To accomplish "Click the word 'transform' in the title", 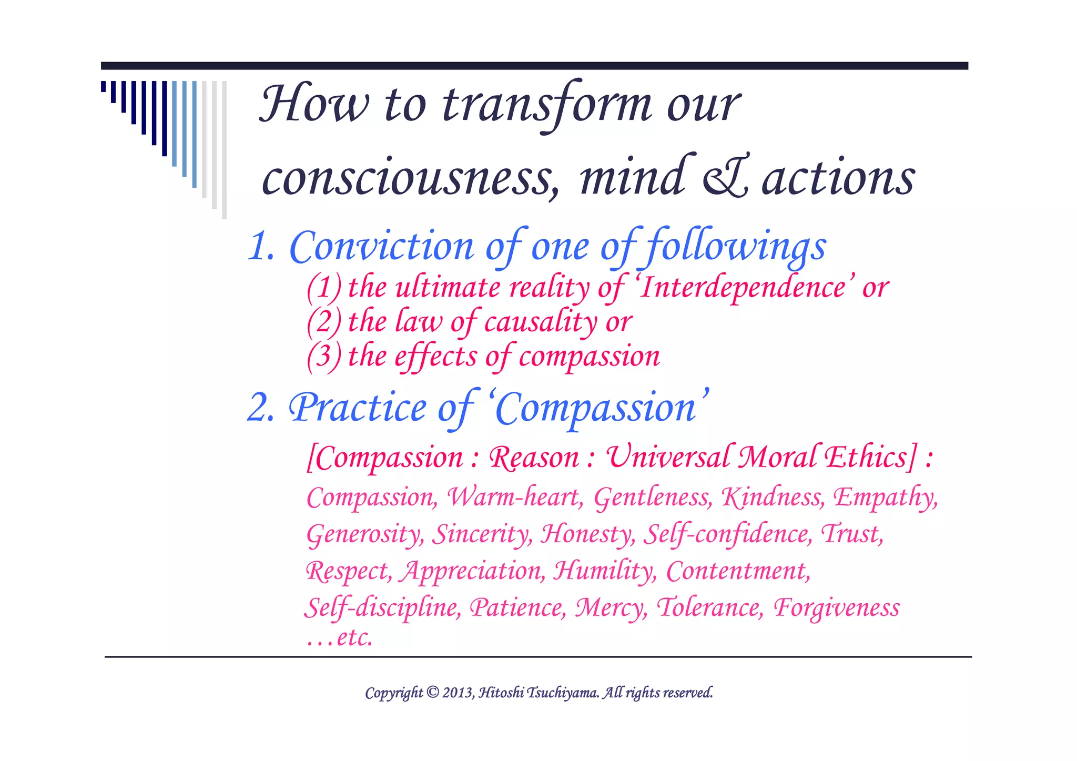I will click(547, 105).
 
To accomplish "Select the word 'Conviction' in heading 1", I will click(382, 246).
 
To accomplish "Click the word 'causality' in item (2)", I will click(540, 322).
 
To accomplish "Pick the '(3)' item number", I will click(324, 357).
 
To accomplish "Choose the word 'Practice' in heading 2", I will click(358, 408).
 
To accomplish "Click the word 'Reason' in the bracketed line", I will click(533, 457).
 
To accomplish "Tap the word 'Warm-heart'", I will click(514, 497).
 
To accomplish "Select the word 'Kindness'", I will click(772, 497).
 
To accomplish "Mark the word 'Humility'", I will click(604, 571).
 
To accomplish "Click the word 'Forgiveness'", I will click(836, 607).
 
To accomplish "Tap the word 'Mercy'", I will click(611, 608).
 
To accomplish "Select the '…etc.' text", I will click(339, 637).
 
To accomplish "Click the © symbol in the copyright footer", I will click(432, 692).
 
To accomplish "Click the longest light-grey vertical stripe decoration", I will click(225, 150).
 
